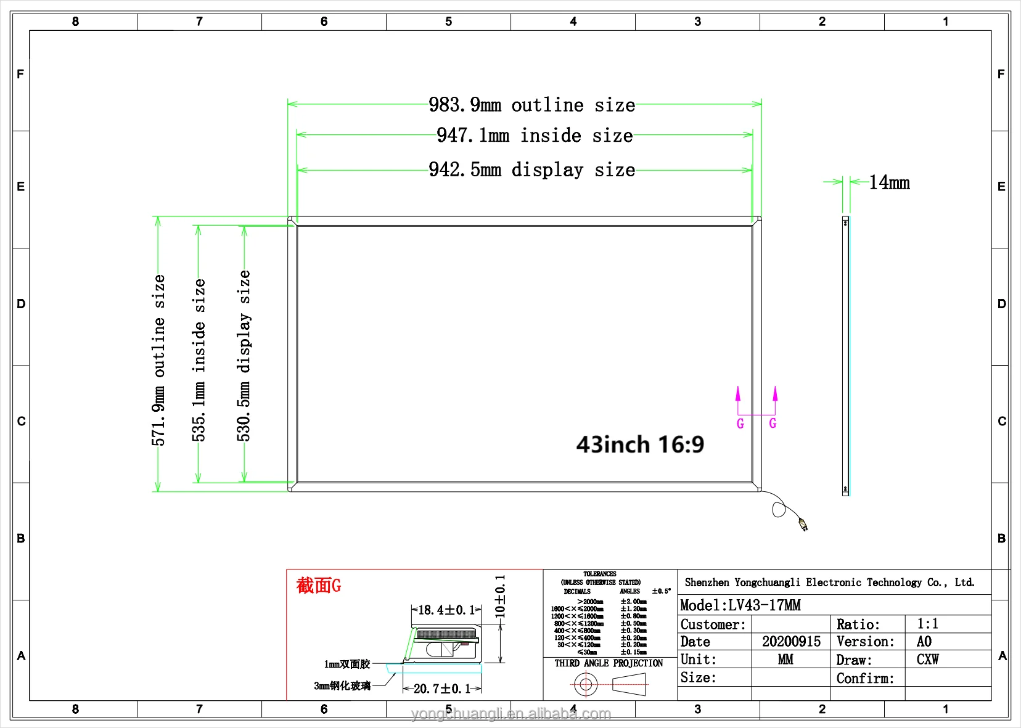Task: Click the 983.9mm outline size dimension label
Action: pos(531,105)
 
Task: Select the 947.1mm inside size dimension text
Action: pos(535,136)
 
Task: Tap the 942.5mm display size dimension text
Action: pos(531,170)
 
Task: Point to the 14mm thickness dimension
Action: pos(889,182)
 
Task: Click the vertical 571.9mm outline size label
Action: pos(159,360)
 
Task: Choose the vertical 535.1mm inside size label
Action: pos(199,360)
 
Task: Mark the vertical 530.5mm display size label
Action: pos(244,356)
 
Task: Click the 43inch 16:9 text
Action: pos(640,444)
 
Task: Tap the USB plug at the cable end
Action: pos(803,525)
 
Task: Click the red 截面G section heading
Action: pos(318,585)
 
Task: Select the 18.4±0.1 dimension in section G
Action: pos(446,610)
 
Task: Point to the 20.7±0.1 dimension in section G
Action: pos(441,689)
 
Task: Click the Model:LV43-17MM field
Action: pos(740,605)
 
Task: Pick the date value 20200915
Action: pos(791,642)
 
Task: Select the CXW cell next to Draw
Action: pos(927,660)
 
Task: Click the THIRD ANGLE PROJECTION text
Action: pos(609,663)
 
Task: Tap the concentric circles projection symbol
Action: pos(585,684)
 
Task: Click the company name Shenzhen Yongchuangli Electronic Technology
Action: pos(829,583)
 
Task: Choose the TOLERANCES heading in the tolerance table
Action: pos(599,574)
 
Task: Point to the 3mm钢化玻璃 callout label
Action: pos(342,685)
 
